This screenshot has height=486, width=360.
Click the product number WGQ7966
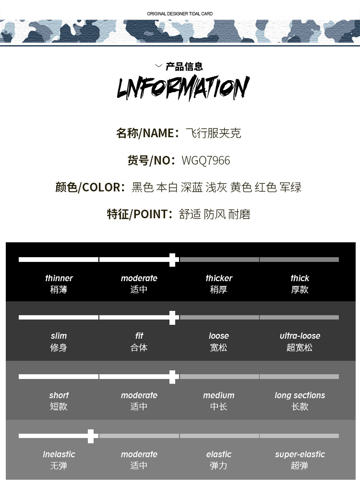coord(205,161)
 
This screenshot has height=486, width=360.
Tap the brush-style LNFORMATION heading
coord(183,87)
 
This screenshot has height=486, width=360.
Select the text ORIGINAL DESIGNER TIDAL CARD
coord(180,13)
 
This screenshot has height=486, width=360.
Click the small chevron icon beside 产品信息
coord(158,66)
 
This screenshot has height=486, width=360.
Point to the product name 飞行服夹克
coord(213,133)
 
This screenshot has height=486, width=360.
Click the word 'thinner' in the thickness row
coord(59,278)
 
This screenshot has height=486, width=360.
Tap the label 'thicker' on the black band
coord(219,278)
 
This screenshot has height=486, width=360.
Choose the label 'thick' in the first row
coord(300,278)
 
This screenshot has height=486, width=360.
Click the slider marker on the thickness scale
coord(172,260)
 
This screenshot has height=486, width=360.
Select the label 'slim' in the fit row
coord(59,336)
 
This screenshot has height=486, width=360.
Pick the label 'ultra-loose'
coord(300,336)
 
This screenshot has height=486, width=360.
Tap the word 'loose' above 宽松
coord(219,336)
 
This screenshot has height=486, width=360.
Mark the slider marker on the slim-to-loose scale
coord(172,318)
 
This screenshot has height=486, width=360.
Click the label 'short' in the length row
coord(59,395)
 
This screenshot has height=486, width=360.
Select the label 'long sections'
coord(300,395)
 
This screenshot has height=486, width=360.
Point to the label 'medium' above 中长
coord(219,395)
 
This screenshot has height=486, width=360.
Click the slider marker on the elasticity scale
coord(91,436)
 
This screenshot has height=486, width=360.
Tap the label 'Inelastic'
coord(59,454)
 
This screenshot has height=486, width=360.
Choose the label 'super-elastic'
coord(300,454)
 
